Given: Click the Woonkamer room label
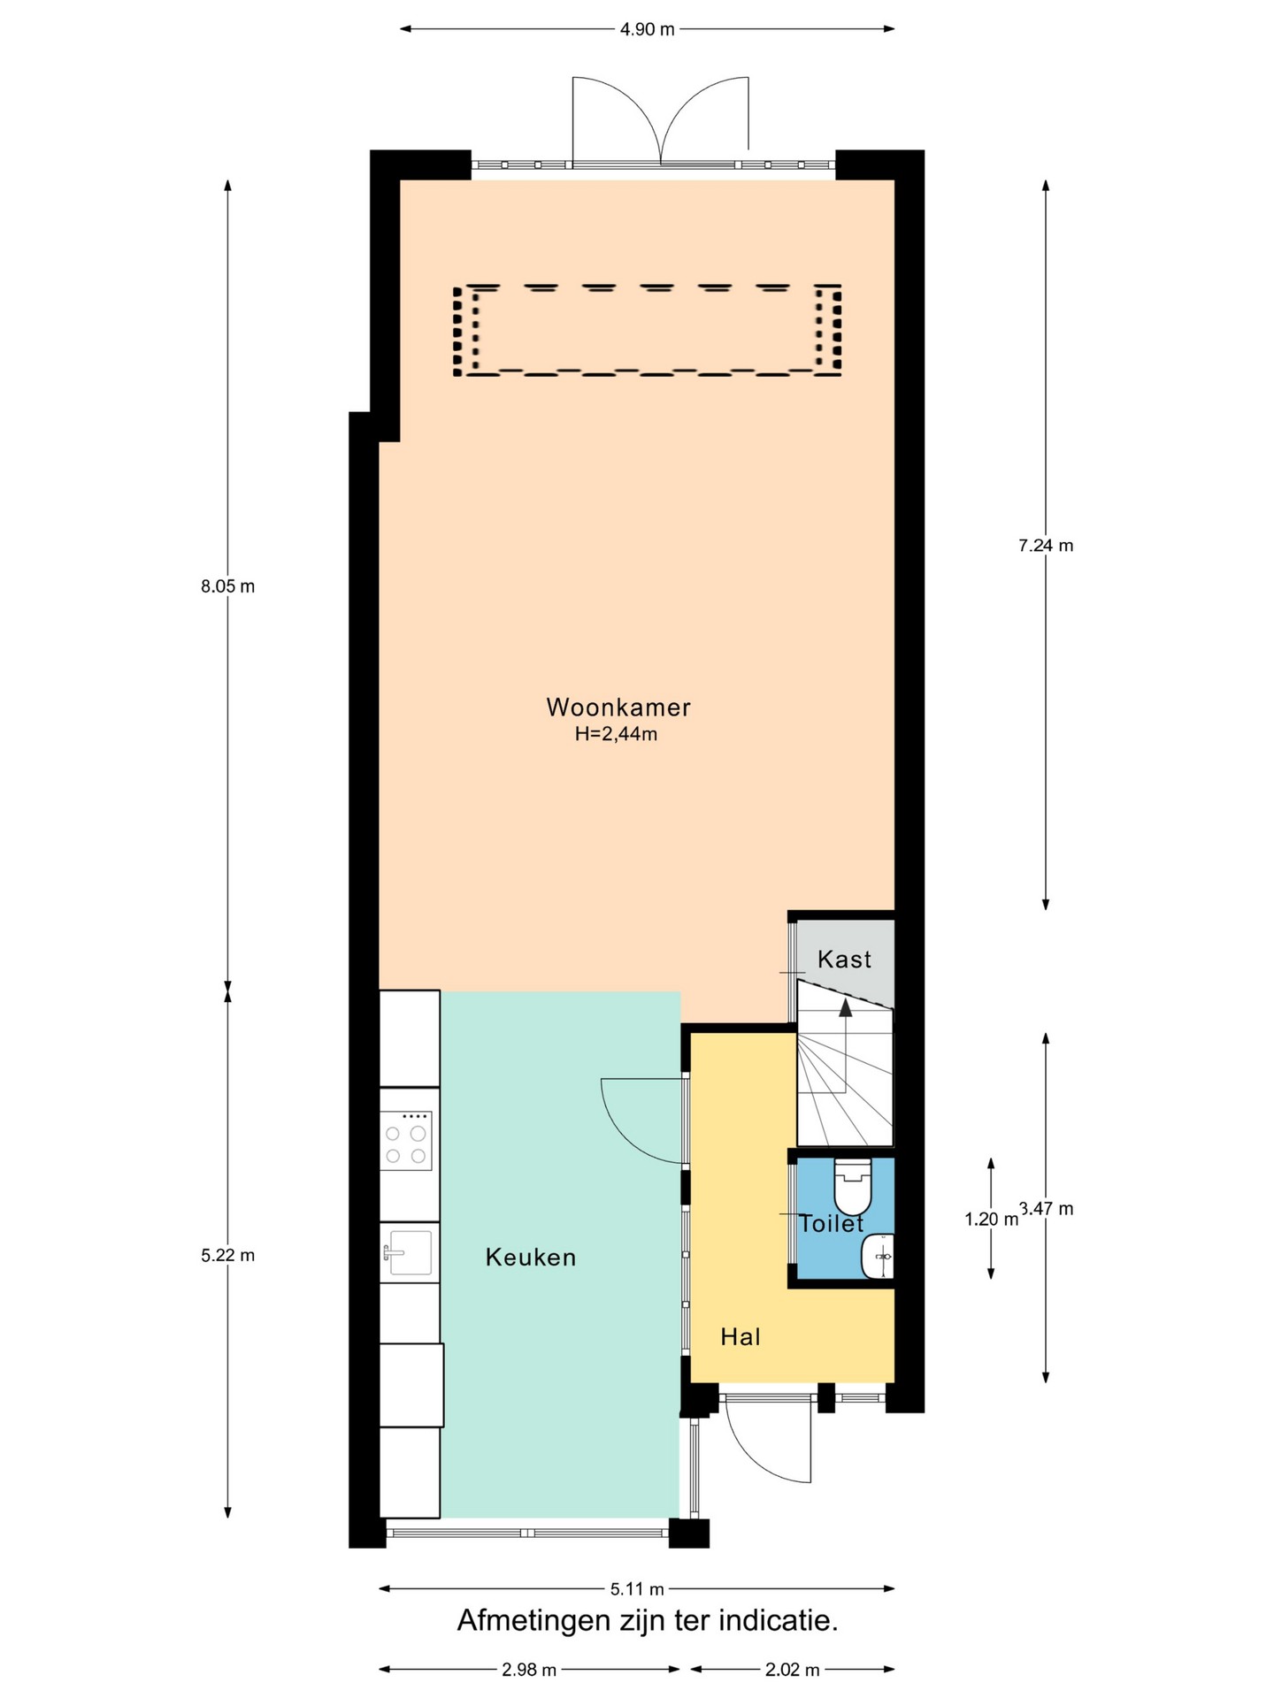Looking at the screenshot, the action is [x=618, y=707].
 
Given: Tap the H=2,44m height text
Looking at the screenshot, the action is [x=616, y=734].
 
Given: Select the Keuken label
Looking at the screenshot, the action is [x=531, y=1258].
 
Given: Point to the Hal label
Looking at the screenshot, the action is [x=741, y=1337].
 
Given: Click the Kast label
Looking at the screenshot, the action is [x=845, y=960].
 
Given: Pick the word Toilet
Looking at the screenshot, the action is [x=831, y=1224].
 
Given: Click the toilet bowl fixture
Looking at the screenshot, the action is [x=853, y=1186].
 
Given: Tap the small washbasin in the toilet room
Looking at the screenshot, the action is [x=879, y=1256].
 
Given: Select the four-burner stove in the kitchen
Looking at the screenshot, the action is [x=406, y=1142].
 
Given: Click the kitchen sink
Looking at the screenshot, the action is [x=408, y=1252].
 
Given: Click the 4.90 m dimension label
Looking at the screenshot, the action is [x=648, y=29].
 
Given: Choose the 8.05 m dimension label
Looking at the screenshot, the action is [x=227, y=586].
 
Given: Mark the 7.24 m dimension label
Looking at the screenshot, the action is [x=1046, y=546].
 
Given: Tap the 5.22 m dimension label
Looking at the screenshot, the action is [x=227, y=1255].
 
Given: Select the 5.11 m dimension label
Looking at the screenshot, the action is [x=637, y=1589].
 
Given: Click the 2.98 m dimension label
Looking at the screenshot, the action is [x=529, y=1670].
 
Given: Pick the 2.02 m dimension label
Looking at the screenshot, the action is [x=793, y=1670].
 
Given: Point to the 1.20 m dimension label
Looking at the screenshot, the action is [x=991, y=1220].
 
